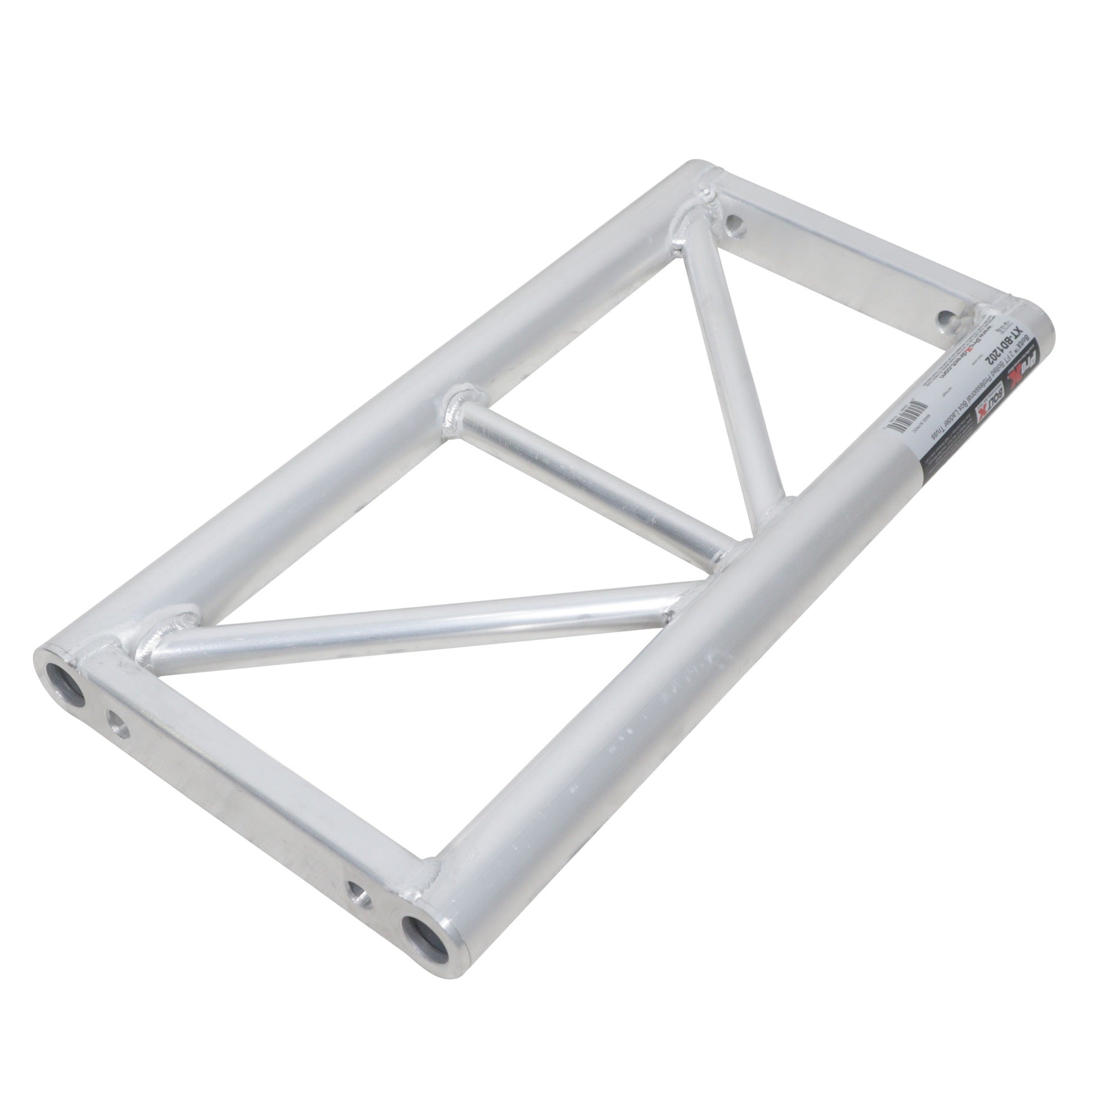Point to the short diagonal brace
(x=729, y=365)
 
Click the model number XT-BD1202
(x=1004, y=352)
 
